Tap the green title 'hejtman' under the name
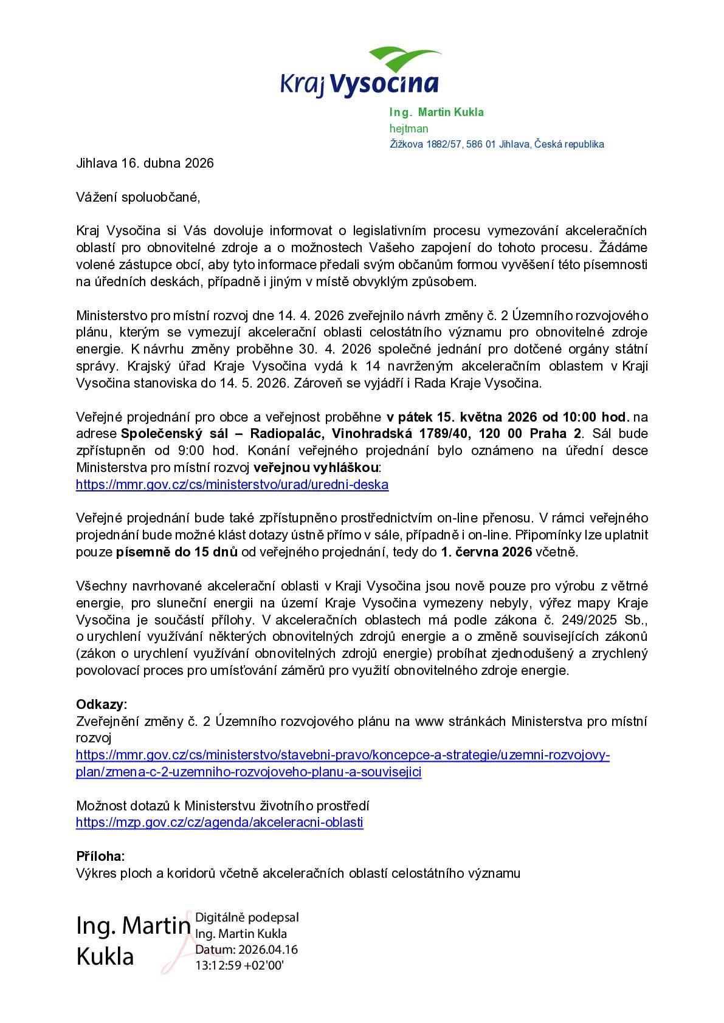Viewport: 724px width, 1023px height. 409,128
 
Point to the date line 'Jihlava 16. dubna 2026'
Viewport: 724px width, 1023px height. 145,163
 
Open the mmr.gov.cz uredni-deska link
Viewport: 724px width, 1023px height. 232,484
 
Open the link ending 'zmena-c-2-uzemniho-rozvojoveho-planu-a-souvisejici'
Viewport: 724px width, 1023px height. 249,772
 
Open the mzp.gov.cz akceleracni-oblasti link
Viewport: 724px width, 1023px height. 219,823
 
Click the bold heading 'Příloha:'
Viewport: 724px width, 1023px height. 100,857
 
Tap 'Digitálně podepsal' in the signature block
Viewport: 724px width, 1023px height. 247,917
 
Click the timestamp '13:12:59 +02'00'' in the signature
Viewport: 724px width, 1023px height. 239,965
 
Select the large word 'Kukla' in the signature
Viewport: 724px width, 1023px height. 105,956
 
